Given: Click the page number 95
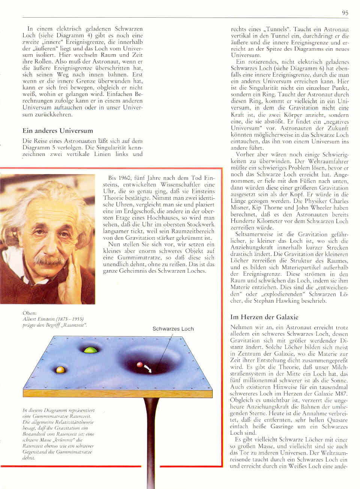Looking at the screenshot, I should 345,13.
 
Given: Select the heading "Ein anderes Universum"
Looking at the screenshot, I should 58,131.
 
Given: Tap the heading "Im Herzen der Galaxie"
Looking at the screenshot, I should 264,317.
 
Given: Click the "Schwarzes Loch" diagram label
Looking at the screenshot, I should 173,329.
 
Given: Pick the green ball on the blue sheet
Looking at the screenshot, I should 91,350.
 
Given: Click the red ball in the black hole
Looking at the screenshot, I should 140,365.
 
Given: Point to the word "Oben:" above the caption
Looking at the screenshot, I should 30,313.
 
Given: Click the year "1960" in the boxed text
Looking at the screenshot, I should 124,178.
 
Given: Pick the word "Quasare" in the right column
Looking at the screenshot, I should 337,420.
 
